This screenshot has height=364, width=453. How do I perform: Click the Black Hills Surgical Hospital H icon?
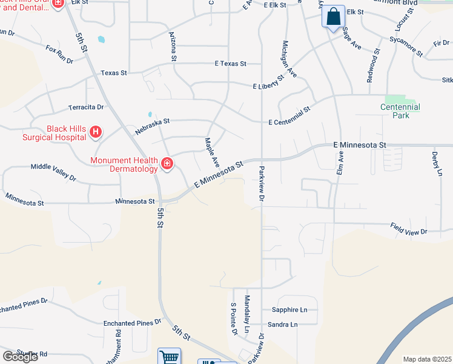click(x=96, y=132)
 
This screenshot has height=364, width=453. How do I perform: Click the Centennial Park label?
click(x=400, y=111)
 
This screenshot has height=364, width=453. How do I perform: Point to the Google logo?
click(x=19, y=356)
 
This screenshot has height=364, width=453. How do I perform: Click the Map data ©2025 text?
click(x=427, y=359)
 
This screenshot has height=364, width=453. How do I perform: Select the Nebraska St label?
click(x=153, y=121)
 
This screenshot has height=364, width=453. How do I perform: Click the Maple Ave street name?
click(x=211, y=152)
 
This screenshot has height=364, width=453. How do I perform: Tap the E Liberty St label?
click(x=268, y=83)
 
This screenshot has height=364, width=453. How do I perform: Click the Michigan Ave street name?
click(x=289, y=59)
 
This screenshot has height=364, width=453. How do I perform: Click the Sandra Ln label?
click(x=283, y=325)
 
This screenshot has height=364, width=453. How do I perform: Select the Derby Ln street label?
click(x=435, y=164)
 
